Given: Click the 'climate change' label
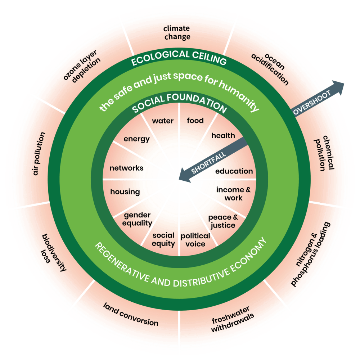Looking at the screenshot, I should (x=177, y=32).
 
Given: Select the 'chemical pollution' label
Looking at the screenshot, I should (x=324, y=153).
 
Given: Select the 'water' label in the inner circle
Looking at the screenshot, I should (x=162, y=121).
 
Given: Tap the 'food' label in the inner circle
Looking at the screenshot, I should (x=195, y=120).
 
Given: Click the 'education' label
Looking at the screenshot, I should (x=234, y=171).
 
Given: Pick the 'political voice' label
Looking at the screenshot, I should (x=195, y=240).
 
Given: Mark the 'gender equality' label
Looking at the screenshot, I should (x=138, y=219).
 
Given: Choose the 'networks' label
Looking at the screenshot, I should (x=126, y=168).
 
